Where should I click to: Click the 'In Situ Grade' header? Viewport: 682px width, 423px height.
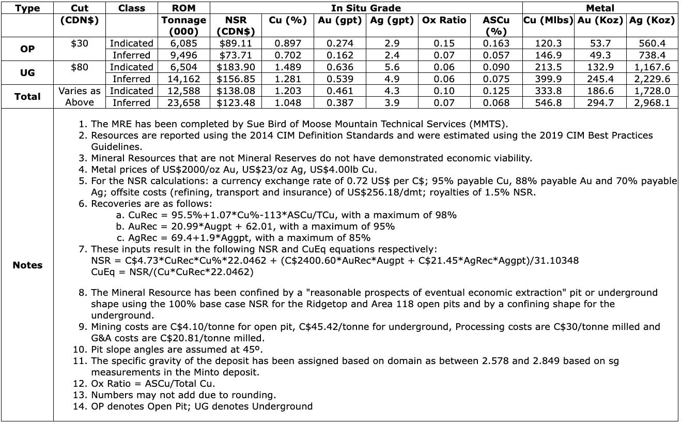(366, 8)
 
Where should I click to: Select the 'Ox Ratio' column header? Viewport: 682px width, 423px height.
(444, 21)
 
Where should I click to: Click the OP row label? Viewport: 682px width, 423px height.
(27, 49)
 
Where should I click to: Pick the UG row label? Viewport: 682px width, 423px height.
(27, 73)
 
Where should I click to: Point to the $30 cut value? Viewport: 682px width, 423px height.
(80, 43)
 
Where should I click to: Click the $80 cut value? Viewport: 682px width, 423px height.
(80, 67)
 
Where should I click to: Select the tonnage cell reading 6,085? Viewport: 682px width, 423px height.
(184, 43)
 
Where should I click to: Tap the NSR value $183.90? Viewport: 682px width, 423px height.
(236, 67)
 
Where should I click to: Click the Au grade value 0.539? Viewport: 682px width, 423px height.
(340, 79)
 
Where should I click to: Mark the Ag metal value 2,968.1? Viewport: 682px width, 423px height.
(652, 102)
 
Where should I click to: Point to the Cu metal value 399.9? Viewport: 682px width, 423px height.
(548, 79)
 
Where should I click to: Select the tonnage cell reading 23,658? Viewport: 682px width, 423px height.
(184, 102)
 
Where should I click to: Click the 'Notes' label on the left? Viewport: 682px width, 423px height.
(27, 265)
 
